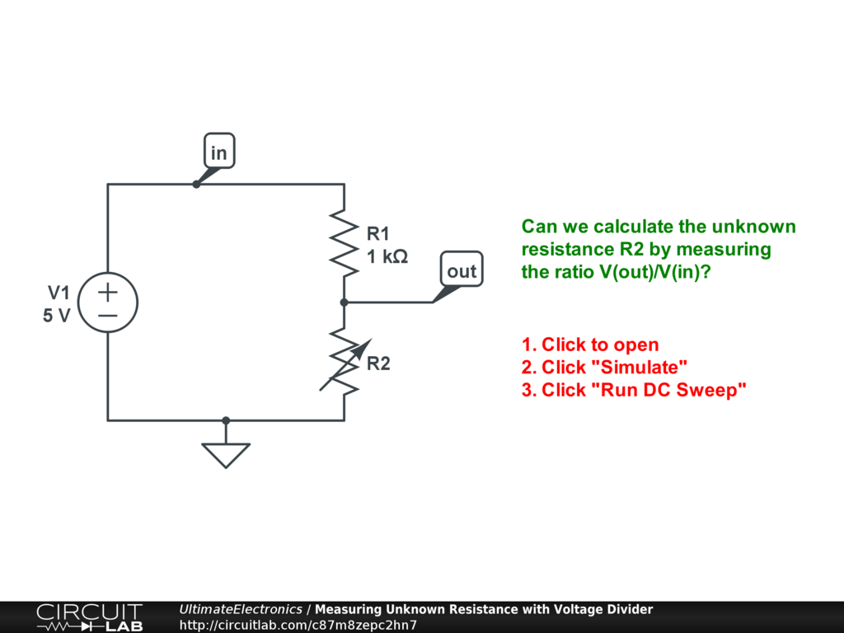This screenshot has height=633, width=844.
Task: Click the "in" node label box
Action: (x=219, y=152)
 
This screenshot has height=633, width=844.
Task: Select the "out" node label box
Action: (x=462, y=271)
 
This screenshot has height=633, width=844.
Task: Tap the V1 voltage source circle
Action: (x=108, y=302)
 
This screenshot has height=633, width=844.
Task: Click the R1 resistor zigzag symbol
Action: (x=344, y=239)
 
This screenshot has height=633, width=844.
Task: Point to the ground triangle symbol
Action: (x=226, y=455)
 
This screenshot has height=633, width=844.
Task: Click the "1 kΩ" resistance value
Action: (x=387, y=256)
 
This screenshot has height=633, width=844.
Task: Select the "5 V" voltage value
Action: (x=57, y=315)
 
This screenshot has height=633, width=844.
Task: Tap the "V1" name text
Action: (x=59, y=293)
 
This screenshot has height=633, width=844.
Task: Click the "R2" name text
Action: (x=378, y=363)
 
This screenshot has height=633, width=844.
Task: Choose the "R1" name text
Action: (x=378, y=234)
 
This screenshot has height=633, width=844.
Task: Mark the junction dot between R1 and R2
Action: (x=344, y=302)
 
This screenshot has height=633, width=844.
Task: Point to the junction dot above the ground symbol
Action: (x=226, y=420)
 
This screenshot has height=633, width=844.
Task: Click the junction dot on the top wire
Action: (x=196, y=184)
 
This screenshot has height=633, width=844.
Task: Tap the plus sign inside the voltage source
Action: (x=108, y=291)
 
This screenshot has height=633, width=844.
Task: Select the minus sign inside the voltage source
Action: (x=108, y=315)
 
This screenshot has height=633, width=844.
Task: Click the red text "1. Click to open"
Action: (x=590, y=345)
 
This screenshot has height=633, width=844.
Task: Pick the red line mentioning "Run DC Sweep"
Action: (x=634, y=390)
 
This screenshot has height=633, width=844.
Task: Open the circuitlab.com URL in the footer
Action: (x=298, y=625)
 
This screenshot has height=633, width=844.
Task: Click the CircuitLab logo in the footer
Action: (x=89, y=617)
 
